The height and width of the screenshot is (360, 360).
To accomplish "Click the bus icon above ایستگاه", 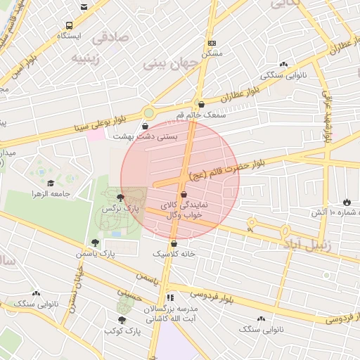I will click(84, 8).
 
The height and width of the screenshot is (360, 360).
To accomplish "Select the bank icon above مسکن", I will click(212, 43).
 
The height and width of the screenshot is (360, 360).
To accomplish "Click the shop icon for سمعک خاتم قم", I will click(202, 104).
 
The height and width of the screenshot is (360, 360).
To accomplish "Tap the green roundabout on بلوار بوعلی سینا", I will click(149, 112).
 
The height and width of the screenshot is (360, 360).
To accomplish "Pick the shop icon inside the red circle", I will click(184, 194).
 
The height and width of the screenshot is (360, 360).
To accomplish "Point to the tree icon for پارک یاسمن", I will click(95, 243).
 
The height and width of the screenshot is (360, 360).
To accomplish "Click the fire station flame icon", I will click(347, 202).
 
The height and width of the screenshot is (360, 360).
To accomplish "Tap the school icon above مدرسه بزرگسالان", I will click(171, 298).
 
